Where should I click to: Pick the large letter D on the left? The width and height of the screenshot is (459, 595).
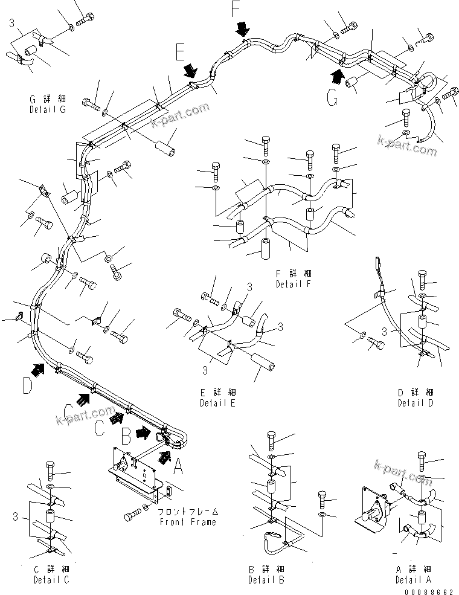[27, 385]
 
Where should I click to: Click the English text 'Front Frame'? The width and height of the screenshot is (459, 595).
[187, 522]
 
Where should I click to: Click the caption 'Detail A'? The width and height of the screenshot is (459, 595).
[413, 580]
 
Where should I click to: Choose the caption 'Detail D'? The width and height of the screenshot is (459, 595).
[416, 404]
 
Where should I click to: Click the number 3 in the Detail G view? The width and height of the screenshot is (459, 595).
[11, 23]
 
